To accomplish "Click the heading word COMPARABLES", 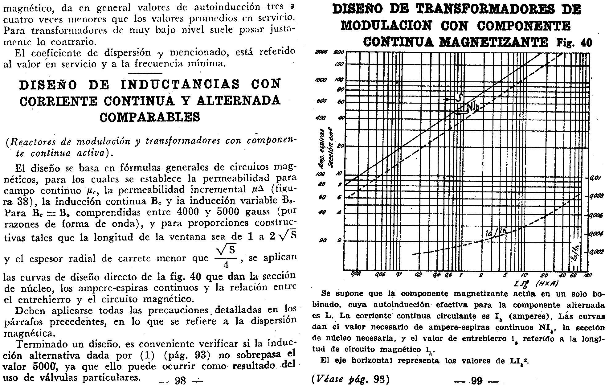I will pyautogui.click(x=150, y=117).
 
